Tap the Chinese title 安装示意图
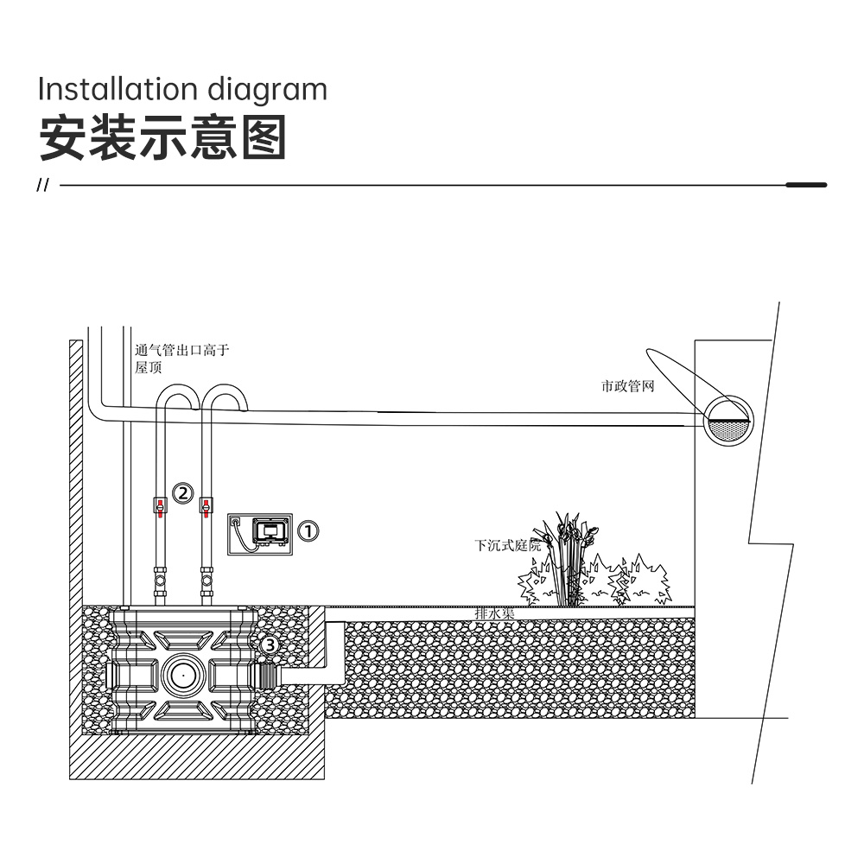[163, 137]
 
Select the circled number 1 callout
[308, 530]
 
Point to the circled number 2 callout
[183, 492]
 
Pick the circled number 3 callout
[269, 644]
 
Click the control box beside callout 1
[260, 534]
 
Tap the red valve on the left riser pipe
[160, 506]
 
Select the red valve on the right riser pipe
[206, 506]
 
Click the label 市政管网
[627, 386]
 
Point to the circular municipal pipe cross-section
[728, 421]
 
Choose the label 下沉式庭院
[507, 545]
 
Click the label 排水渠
[495, 613]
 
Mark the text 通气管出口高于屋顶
[181, 359]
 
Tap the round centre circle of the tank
[183, 674]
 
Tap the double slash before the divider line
[42, 185]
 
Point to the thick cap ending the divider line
[806, 185]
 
